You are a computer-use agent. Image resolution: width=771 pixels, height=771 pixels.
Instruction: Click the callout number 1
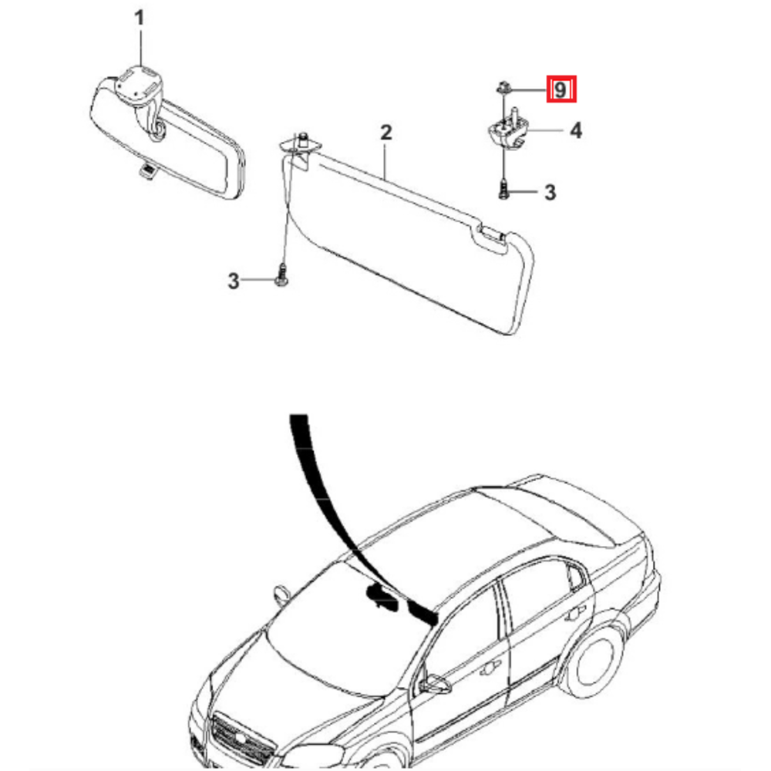click(140, 19)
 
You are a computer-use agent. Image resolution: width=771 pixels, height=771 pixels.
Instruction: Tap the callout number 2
click(386, 133)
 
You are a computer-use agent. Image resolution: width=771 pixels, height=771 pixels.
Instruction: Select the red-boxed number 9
click(561, 89)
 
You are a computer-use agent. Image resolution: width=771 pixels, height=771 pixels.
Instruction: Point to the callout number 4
click(576, 131)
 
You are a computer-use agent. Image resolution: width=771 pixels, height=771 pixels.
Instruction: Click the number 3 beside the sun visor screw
click(234, 281)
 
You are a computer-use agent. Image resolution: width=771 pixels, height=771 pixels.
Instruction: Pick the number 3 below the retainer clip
click(550, 192)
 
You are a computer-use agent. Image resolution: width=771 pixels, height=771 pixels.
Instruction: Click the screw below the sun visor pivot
click(281, 274)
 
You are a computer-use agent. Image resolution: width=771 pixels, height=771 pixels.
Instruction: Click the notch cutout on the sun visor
click(490, 236)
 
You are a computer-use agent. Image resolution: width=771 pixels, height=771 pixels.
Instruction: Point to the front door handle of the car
click(489, 668)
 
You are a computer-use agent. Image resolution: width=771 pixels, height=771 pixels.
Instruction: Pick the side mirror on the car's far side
click(281, 594)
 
